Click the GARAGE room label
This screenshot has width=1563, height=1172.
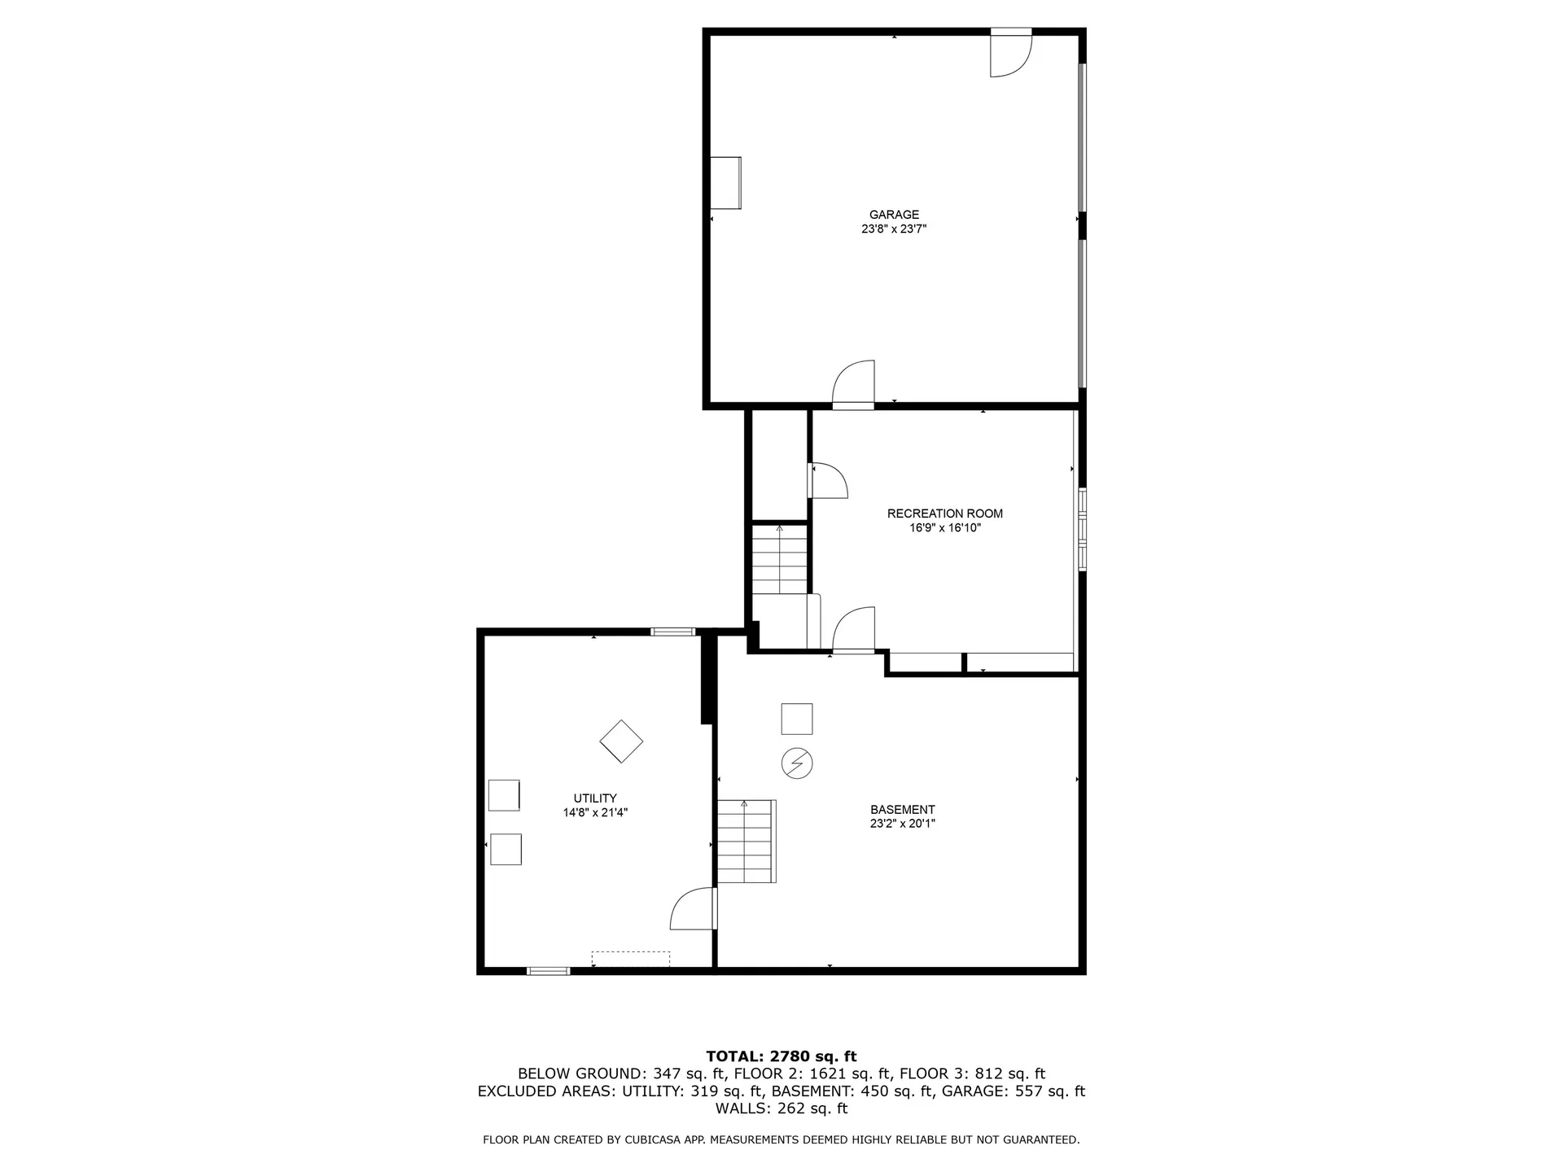pyautogui.click(x=894, y=215)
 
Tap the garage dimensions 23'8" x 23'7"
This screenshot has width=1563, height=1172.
pyautogui.click(x=894, y=230)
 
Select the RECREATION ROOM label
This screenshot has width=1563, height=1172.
pyautogui.click(x=944, y=514)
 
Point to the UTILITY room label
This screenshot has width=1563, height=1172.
pyautogui.click(x=595, y=798)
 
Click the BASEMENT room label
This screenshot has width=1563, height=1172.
pyautogui.click(x=902, y=810)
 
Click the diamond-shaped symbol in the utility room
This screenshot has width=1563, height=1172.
pyautogui.click(x=621, y=741)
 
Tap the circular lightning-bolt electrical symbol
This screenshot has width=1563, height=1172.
pyautogui.click(x=797, y=763)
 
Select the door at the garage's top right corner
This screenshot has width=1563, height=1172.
pyautogui.click(x=1009, y=54)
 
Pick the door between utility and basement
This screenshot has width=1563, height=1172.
pyautogui.click(x=694, y=909)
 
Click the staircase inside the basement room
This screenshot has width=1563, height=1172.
pyautogui.click(x=746, y=842)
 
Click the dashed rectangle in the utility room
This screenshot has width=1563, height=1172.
pyautogui.click(x=630, y=959)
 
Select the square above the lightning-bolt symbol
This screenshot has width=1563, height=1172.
pyautogui.click(x=796, y=719)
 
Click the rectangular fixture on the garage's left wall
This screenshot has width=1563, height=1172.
pyautogui.click(x=725, y=182)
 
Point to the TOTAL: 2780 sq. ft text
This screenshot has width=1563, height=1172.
pyautogui.click(x=781, y=1056)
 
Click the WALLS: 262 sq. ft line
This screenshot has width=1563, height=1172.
pyautogui.click(x=781, y=1109)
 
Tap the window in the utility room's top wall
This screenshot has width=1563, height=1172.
pyautogui.click(x=672, y=632)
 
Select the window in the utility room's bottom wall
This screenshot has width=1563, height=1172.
pyautogui.click(x=548, y=970)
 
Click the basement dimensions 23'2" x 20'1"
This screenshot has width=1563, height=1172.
pyautogui.click(x=902, y=824)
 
